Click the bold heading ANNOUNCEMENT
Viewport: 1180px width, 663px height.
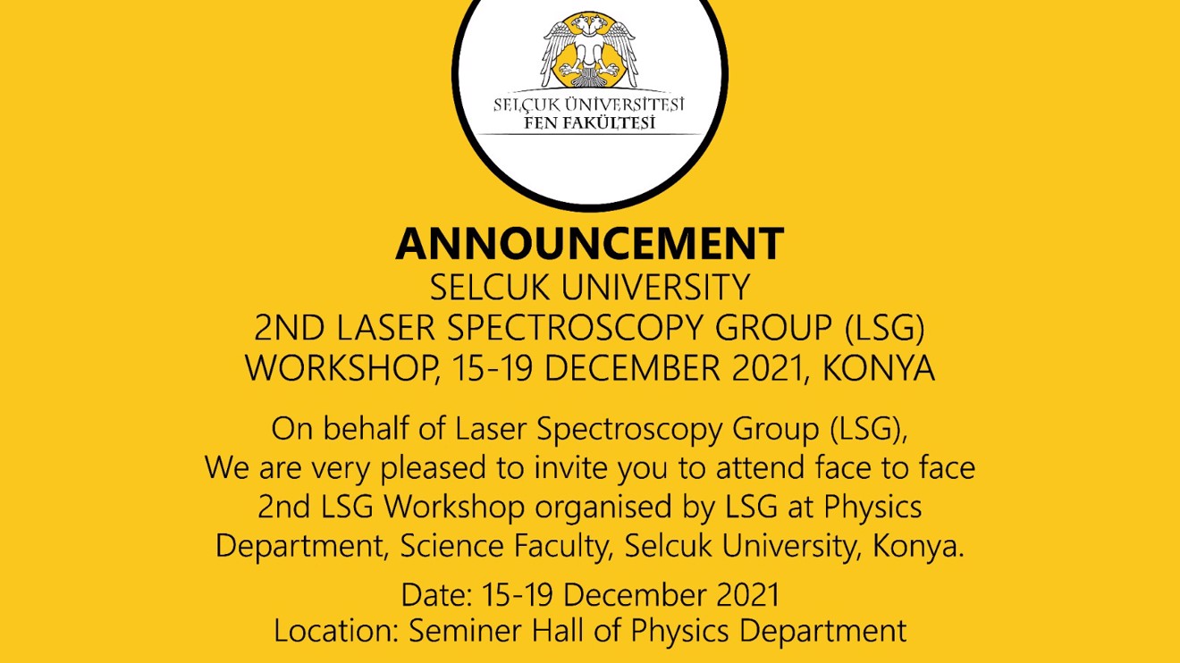click(589, 243)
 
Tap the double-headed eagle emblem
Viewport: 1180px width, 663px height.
click(588, 51)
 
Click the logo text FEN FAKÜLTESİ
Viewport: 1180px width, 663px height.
click(589, 122)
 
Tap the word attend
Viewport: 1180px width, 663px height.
click(760, 467)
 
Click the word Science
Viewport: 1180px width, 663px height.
click(451, 546)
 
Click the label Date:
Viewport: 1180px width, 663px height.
click(436, 595)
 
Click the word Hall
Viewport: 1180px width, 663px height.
click(558, 630)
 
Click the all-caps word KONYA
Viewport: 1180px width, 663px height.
click(878, 368)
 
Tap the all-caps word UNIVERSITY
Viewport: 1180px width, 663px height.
click(654, 288)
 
